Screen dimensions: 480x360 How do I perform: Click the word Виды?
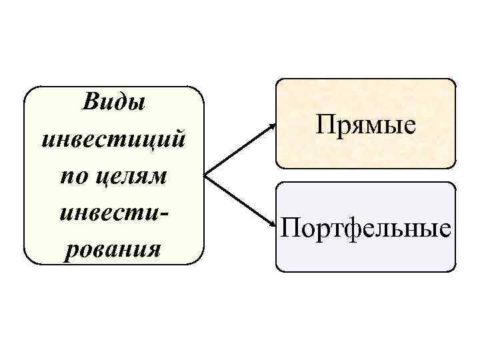pos(113,103)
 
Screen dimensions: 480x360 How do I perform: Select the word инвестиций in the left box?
pos(113,140)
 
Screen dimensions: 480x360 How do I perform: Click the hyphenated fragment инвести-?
pos(113,213)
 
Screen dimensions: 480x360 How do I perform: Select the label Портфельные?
pos(366,229)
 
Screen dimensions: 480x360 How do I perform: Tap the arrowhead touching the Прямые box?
pos(273,125)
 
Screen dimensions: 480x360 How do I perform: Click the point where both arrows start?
pos(203,175)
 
